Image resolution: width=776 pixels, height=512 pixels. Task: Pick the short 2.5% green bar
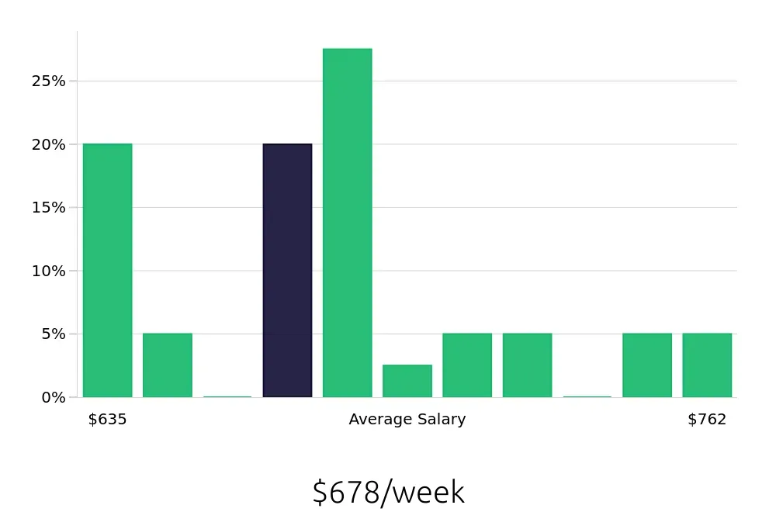tap(407, 381)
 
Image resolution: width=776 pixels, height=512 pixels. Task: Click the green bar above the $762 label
tap(707, 365)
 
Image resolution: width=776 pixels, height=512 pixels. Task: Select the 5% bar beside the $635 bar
tap(167, 365)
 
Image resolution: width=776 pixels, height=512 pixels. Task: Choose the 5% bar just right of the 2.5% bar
tap(467, 365)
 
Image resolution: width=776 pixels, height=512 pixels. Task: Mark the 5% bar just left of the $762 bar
tap(647, 365)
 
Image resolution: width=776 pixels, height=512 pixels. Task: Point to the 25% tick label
tap(48, 81)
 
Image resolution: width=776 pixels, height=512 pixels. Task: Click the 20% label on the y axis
tap(48, 144)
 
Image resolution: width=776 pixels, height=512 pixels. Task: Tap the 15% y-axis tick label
tap(48, 208)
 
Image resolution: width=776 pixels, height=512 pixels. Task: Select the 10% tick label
tap(48, 271)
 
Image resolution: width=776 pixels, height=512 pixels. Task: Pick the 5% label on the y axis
tap(52, 334)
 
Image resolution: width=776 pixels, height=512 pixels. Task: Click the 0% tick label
tap(52, 397)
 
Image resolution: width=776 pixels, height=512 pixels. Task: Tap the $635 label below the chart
tap(107, 420)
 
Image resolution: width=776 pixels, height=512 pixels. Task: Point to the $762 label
tap(707, 420)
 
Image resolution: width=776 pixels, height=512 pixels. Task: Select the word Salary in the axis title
tap(442, 420)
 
